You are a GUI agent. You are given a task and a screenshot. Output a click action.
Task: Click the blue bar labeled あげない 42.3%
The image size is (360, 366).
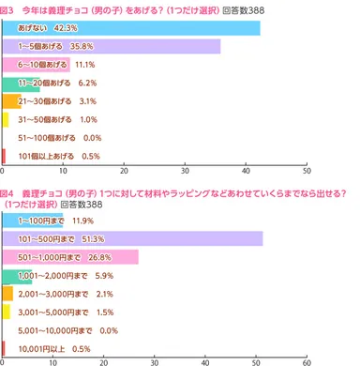(131, 28)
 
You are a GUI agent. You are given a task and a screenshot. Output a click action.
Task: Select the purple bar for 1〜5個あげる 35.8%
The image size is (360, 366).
(112, 46)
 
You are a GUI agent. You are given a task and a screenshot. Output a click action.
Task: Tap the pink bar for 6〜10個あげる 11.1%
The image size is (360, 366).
(37, 65)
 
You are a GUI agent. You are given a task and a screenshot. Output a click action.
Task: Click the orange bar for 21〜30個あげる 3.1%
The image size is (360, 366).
(12, 101)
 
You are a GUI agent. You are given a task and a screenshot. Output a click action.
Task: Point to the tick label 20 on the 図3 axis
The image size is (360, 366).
(125, 172)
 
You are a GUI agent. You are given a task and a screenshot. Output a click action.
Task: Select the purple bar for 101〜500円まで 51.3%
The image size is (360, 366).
(131, 238)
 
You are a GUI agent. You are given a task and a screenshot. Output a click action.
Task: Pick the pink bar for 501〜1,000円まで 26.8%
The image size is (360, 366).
(70, 257)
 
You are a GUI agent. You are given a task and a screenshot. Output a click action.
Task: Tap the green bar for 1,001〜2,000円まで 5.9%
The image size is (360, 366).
(18, 275)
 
